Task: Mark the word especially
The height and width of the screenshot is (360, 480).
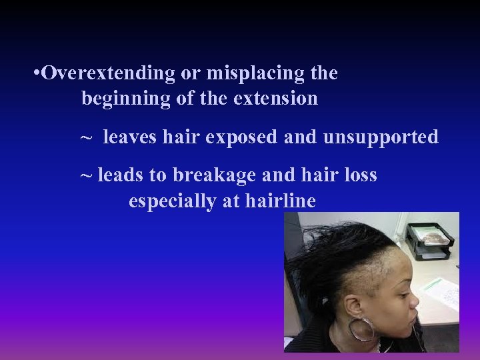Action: [x=171, y=201]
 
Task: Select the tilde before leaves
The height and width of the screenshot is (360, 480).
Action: [x=87, y=139]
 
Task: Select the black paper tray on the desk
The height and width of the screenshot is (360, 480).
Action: [x=431, y=241]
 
